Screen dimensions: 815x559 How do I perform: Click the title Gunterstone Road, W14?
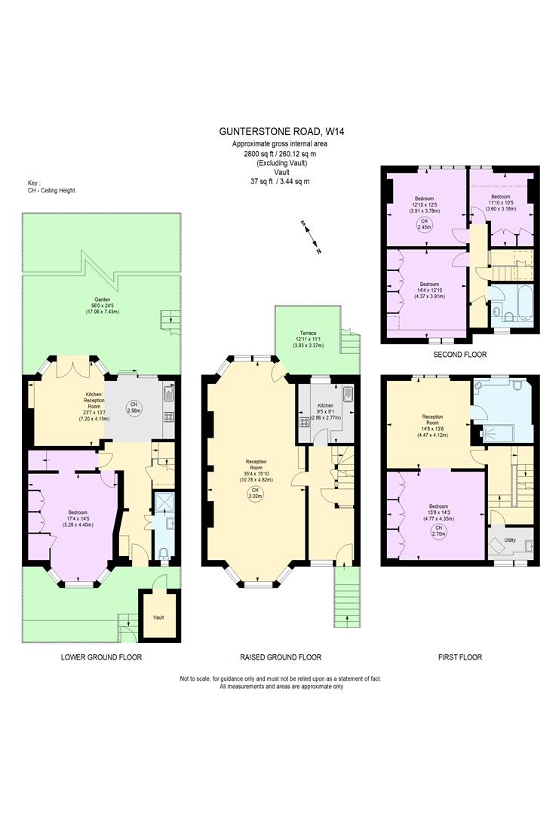click(282, 131)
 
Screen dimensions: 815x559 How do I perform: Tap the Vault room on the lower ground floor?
click(158, 617)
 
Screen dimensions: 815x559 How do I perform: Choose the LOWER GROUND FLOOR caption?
click(101, 657)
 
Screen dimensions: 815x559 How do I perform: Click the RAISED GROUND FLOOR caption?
click(282, 657)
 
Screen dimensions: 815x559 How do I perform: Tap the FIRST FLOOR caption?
click(459, 657)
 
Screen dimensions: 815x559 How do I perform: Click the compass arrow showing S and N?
click(311, 236)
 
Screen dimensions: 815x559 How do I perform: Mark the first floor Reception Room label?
click(432, 423)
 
